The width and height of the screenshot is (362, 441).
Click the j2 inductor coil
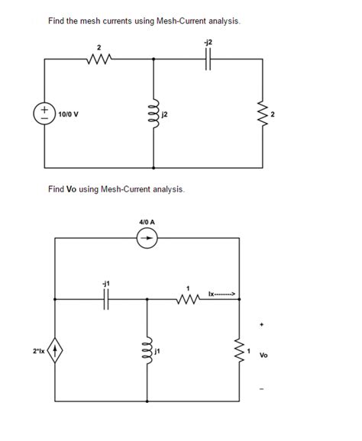[x=155, y=115]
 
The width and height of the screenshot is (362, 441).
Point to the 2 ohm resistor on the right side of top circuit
[x=264, y=115]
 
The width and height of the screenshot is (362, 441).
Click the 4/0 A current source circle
[x=147, y=238]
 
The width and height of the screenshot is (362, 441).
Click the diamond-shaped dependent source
[x=56, y=353]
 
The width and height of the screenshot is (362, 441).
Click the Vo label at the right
[x=264, y=355]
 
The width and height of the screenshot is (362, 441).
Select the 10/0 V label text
[x=70, y=115]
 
